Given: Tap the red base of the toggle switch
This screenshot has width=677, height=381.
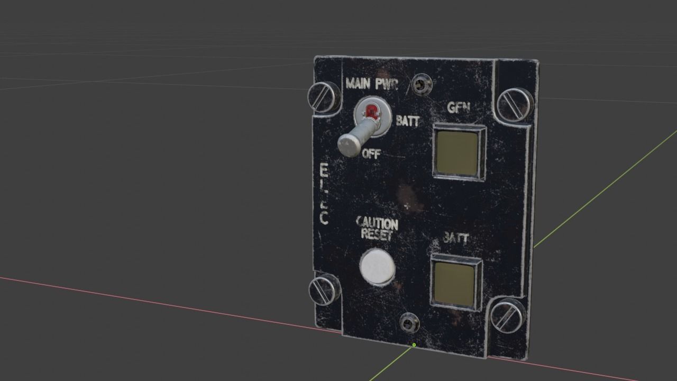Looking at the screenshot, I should click(x=372, y=112).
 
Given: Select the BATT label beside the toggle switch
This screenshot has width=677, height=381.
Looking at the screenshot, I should click(x=407, y=121).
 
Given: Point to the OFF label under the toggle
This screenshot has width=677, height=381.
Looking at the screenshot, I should click(x=371, y=154).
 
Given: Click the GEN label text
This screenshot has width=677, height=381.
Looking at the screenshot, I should click(x=459, y=107).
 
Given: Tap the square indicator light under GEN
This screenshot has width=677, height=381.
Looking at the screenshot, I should click(x=459, y=152).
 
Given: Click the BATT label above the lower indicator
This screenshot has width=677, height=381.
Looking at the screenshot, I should click(x=455, y=238).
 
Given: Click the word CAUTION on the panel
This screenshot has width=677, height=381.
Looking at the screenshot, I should click(x=377, y=223).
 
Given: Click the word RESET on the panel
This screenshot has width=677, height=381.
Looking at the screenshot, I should click(x=377, y=235).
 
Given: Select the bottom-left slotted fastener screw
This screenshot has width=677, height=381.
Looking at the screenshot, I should click(x=324, y=288).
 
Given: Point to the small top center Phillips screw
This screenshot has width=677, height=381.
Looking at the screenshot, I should click(x=422, y=84).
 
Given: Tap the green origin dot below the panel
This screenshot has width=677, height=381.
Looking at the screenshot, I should click(x=414, y=345).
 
